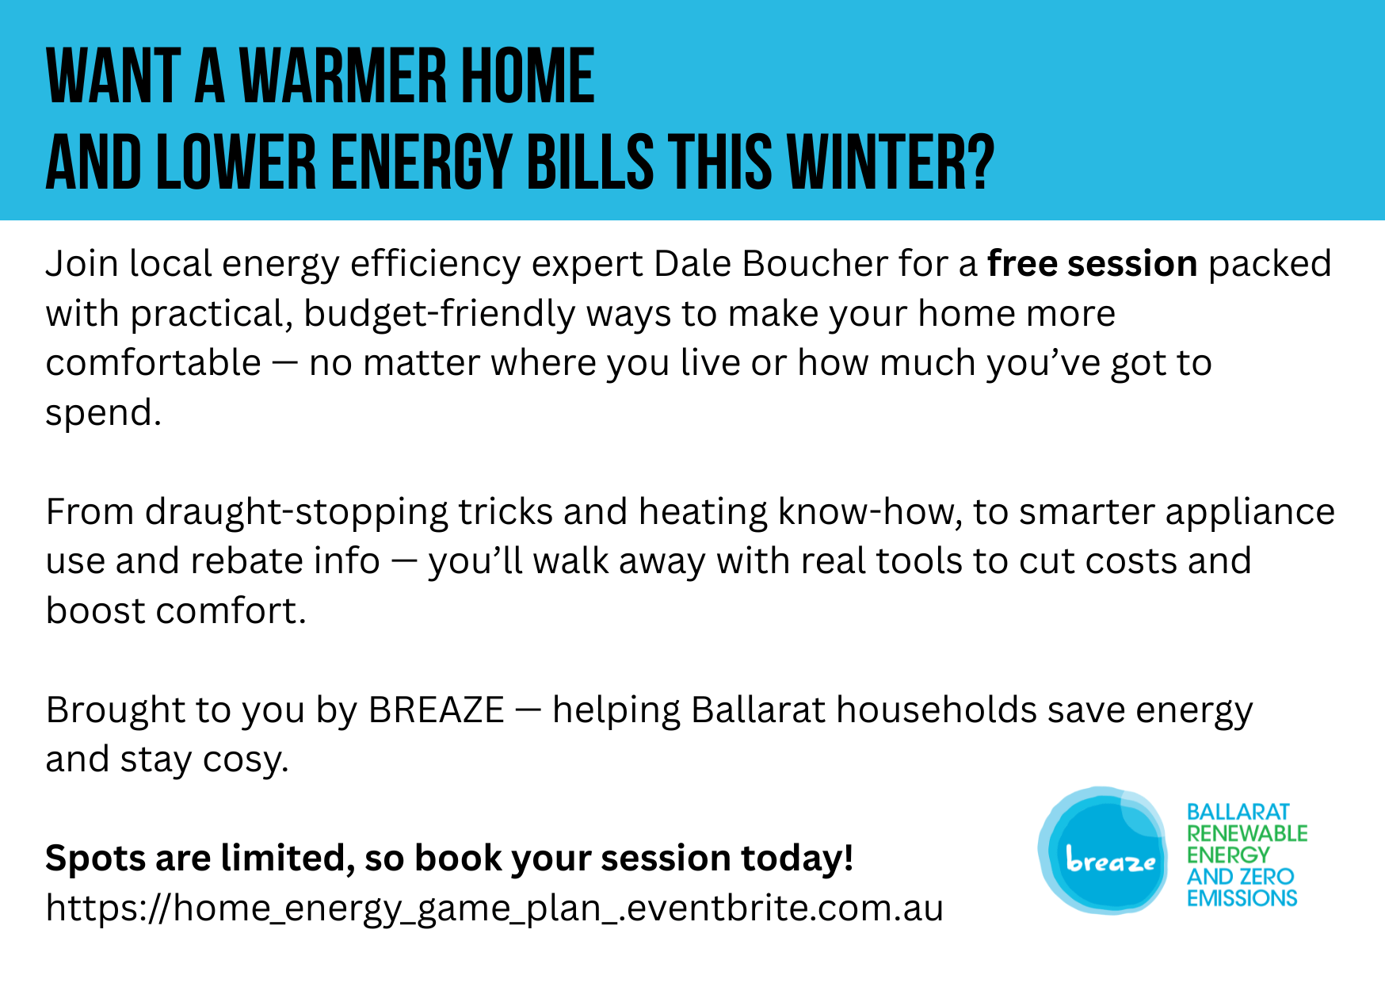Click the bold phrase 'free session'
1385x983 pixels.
1092,263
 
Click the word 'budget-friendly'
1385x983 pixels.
439,314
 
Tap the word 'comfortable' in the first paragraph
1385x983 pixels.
154,363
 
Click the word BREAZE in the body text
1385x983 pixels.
437,710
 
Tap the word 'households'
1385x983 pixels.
937,710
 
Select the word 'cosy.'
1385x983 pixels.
246,760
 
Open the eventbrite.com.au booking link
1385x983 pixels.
494,908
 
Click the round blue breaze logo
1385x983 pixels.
1103,851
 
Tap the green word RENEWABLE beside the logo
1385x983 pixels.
1247,833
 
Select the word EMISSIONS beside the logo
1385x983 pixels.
1242,898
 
